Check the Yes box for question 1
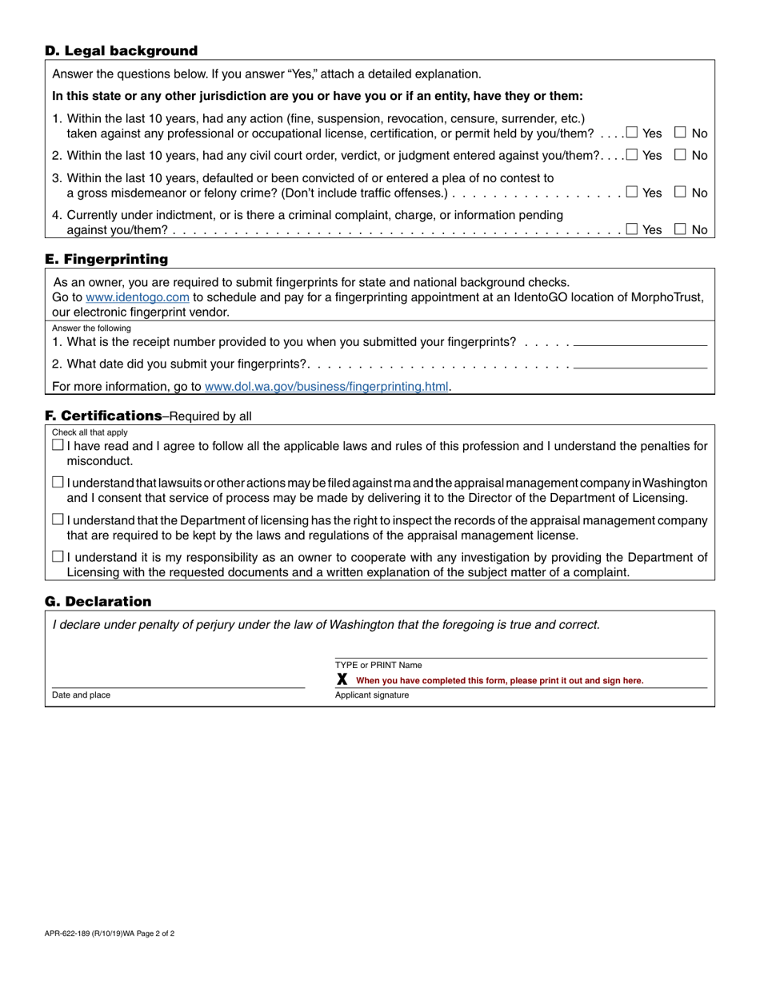(632, 133)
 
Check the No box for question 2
(681, 155)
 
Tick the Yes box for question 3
(632, 192)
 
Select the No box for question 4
(681, 229)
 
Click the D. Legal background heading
(121, 51)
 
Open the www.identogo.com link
(138, 297)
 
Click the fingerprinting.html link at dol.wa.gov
(326, 387)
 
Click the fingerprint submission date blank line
(640, 367)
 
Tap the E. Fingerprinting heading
(106, 259)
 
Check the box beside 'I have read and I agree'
(58, 445)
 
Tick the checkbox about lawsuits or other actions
(58, 482)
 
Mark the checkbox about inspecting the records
(58, 519)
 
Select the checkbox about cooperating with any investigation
(58, 557)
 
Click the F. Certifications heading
(104, 416)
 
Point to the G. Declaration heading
(98, 601)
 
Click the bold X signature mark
(342, 679)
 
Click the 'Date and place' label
(81, 695)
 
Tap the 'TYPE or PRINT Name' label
(378, 665)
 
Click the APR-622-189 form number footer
(110, 933)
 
